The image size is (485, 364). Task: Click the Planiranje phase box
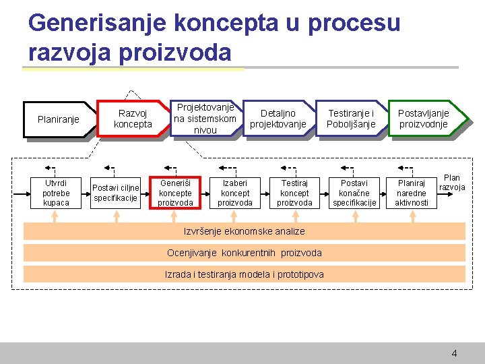point(59,119)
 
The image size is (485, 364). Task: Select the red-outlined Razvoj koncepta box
point(133,119)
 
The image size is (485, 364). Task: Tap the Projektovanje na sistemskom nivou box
point(205,119)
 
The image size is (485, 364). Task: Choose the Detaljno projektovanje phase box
point(278,119)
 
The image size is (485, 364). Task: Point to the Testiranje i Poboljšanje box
point(351,119)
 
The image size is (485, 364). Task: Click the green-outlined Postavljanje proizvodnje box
point(423,119)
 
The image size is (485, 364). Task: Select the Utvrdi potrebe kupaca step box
point(56,193)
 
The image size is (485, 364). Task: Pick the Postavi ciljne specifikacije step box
point(116,193)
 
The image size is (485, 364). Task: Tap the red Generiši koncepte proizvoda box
point(175,193)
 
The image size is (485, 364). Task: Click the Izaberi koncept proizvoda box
point(235,193)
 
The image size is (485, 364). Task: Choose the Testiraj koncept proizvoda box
point(294,193)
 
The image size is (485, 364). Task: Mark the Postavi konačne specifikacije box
point(354,193)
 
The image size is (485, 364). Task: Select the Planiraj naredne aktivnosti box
point(412,193)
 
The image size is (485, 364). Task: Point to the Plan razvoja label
point(452,183)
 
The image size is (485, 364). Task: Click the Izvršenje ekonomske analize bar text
point(245,231)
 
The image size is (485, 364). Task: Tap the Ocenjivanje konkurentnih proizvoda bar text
point(245,253)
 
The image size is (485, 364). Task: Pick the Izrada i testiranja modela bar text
point(245,274)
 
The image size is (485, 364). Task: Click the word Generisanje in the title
point(97,24)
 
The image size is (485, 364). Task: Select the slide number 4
point(454,353)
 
